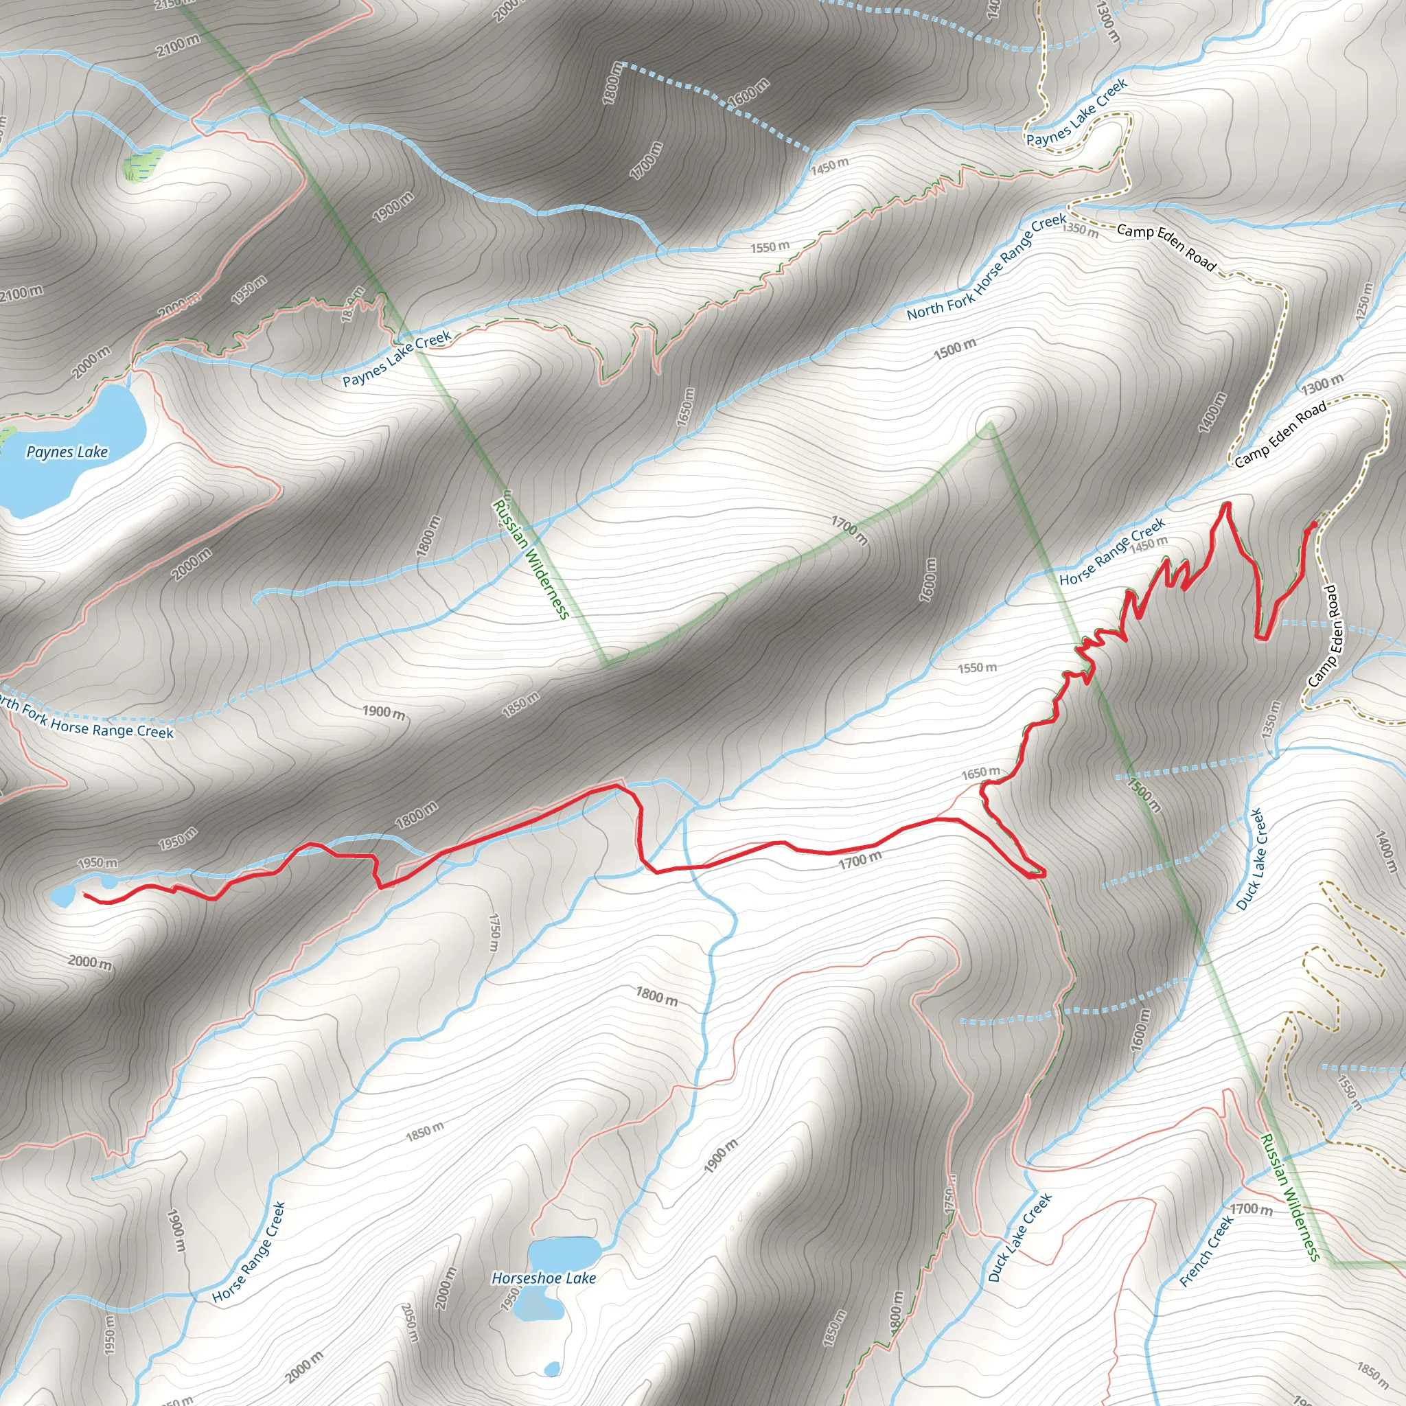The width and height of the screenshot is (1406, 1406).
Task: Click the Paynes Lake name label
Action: [67, 452]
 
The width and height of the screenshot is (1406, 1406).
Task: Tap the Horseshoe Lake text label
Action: [544, 1278]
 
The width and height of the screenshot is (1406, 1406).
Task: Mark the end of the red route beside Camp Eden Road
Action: [1313, 523]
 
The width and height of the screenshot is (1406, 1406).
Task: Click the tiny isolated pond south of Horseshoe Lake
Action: [553, 1369]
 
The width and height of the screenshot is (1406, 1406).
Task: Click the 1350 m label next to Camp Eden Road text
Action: [1080, 229]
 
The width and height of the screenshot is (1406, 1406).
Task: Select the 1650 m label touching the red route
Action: [980, 773]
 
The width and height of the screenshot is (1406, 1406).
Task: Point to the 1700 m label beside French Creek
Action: [1251, 1209]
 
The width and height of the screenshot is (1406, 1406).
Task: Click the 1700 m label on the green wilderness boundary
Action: [850, 531]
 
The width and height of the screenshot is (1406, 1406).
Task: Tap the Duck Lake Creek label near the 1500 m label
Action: [1252, 859]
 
